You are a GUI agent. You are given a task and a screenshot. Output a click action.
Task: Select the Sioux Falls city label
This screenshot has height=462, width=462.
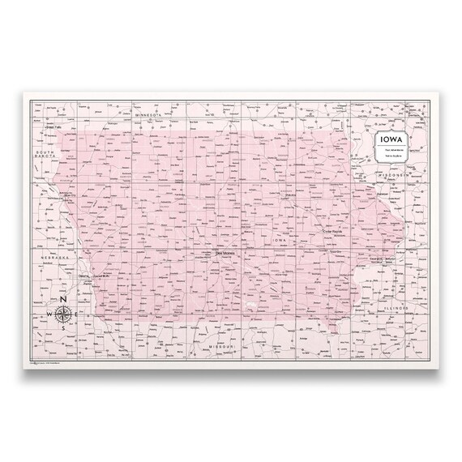coord(54,127)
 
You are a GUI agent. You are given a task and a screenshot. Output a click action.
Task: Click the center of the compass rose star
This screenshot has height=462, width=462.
coord(62,314)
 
